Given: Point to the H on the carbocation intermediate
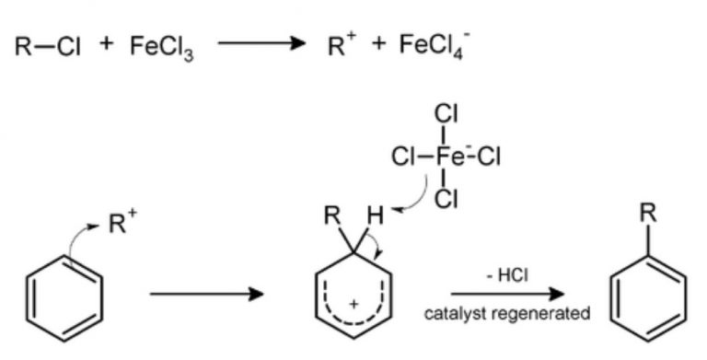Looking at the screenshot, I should click(375, 219).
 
